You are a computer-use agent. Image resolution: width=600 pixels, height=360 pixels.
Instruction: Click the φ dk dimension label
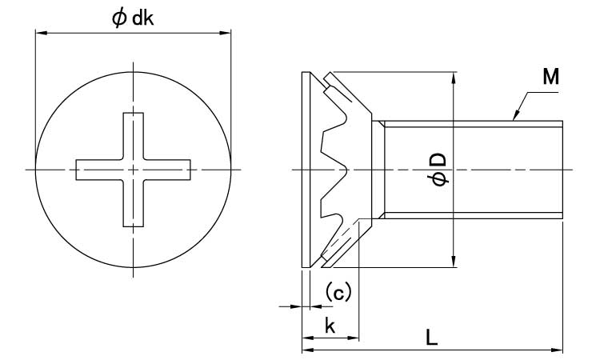tap(133, 18)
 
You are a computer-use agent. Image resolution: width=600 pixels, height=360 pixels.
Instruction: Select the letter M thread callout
tap(550, 78)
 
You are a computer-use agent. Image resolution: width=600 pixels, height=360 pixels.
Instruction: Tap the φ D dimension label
tap(438, 169)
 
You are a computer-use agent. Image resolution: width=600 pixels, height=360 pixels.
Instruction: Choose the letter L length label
tap(432, 338)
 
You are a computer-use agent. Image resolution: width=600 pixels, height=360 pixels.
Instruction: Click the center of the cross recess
tap(134, 169)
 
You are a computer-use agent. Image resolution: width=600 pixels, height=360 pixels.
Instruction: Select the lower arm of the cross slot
tap(134, 204)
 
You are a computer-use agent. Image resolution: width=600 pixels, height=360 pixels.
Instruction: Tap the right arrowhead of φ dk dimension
tap(227, 33)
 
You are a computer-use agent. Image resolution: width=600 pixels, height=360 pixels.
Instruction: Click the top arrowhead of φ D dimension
tap(454, 76)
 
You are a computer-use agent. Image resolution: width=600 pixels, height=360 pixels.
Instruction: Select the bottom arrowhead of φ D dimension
tap(454, 262)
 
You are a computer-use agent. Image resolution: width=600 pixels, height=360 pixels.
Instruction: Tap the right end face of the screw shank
tap(562, 169)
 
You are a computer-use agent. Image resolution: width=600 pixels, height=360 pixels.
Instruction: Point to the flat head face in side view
tap(305, 169)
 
